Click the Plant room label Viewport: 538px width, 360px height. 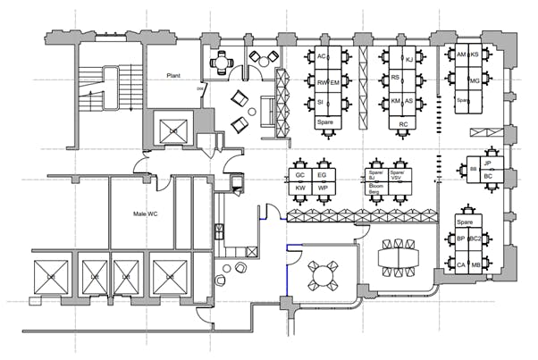[x=174, y=76]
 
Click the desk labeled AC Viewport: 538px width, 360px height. [x=322, y=58]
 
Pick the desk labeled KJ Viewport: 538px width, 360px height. [x=409, y=60]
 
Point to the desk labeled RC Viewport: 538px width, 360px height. [x=404, y=123]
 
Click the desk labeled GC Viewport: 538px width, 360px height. [x=301, y=176]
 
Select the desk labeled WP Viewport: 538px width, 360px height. [x=323, y=188]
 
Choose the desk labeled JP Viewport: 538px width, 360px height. [x=487, y=164]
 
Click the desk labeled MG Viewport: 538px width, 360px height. [x=475, y=81]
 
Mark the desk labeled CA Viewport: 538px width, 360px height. [x=462, y=265]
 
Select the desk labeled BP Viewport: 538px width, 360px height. [x=462, y=240]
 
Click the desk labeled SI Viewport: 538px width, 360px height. [x=321, y=103]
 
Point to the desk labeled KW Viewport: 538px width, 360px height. [x=301, y=188]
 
